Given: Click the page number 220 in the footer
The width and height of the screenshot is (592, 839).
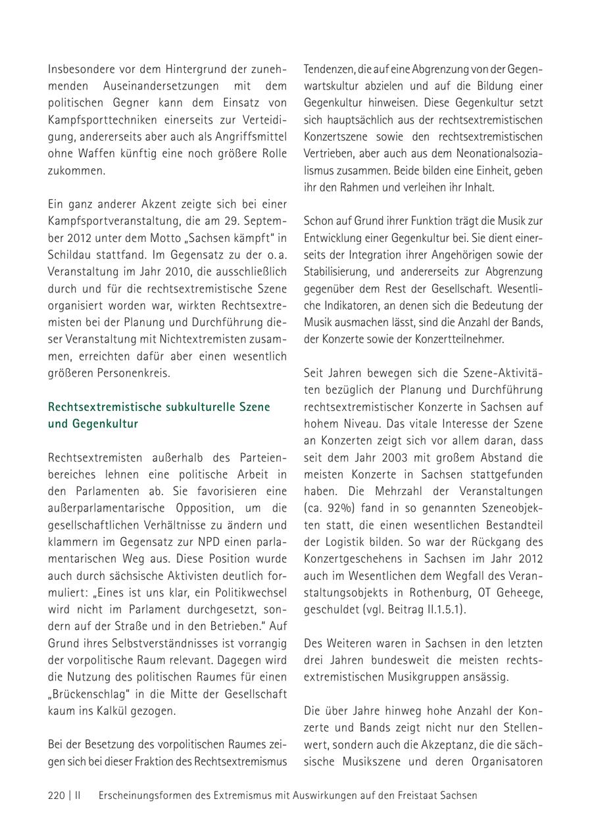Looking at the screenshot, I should click(x=57, y=796).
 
